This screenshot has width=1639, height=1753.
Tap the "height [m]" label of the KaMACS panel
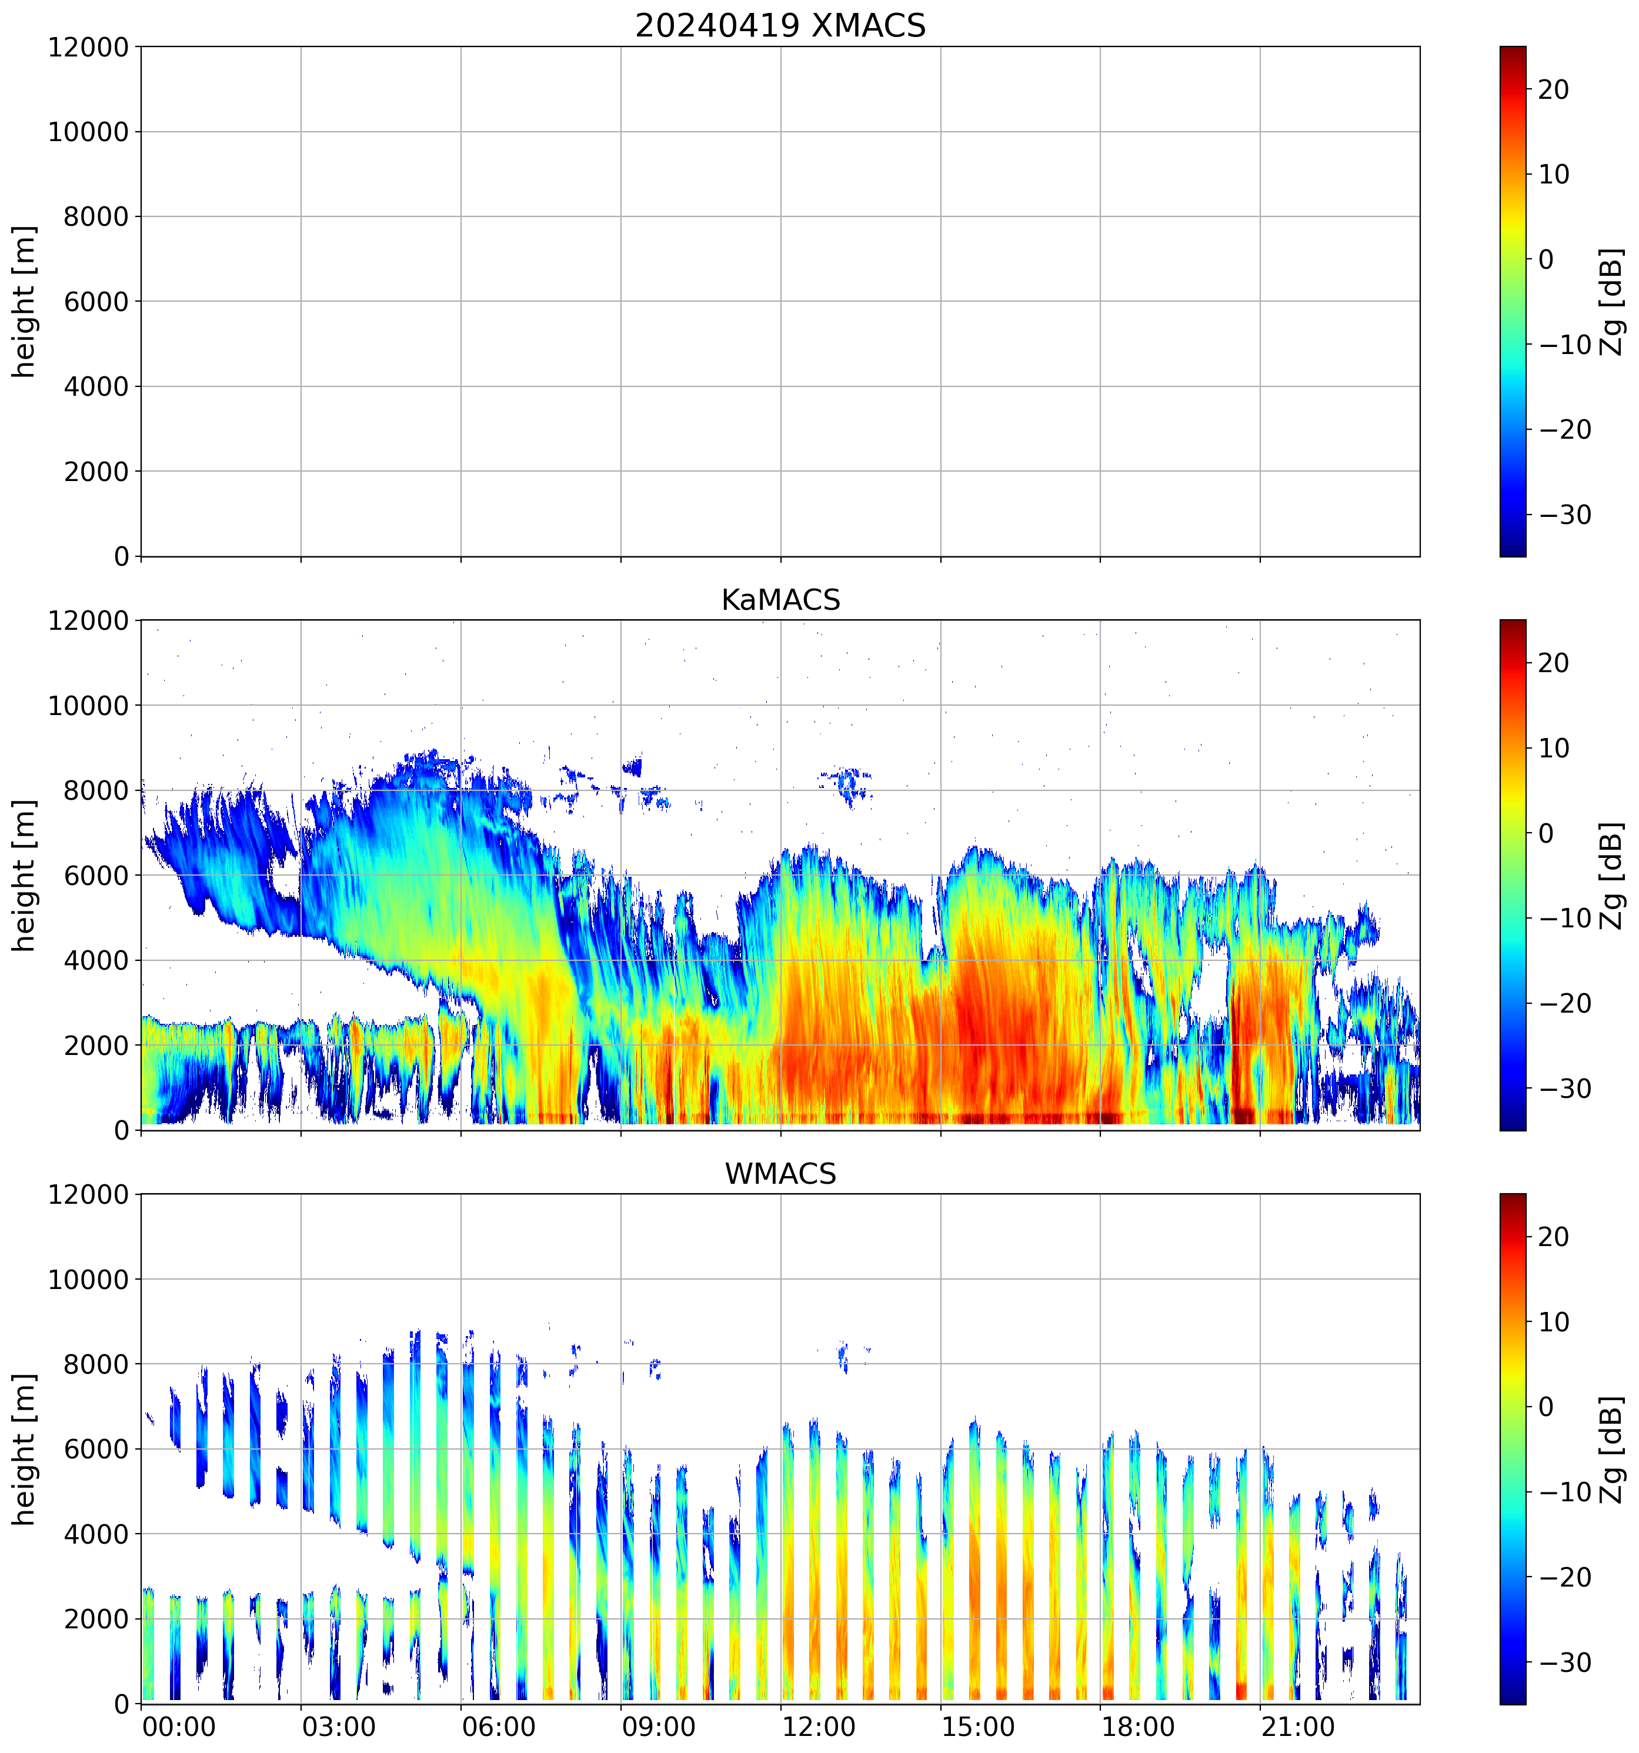pos(25,875)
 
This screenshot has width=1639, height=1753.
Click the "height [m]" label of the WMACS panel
pos(25,1449)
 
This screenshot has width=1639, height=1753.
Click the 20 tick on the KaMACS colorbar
pos(1554,663)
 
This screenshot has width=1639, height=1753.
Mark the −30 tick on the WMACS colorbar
pos(1565,1662)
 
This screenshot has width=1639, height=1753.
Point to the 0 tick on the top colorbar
pos(1545,259)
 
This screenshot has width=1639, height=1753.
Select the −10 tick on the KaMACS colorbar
pos(1565,918)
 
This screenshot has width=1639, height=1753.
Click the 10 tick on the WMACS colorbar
pos(1554,1322)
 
